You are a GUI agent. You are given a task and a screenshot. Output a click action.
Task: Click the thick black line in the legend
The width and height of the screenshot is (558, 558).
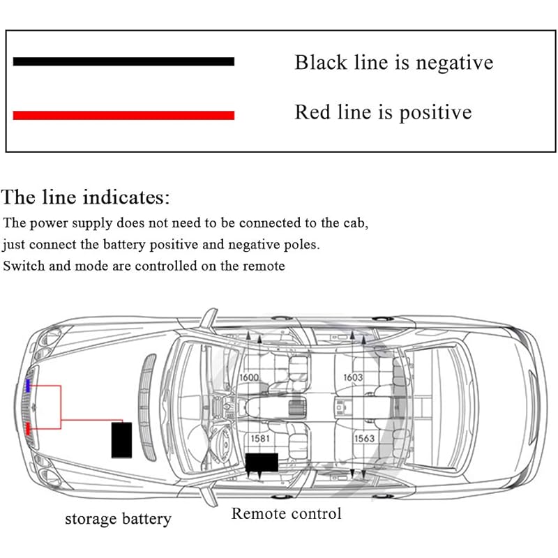pos(123,61)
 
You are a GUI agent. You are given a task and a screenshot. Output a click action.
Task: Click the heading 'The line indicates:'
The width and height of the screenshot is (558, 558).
pos(86,197)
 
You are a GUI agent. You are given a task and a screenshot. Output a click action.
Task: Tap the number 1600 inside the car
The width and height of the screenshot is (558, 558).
pos(249,377)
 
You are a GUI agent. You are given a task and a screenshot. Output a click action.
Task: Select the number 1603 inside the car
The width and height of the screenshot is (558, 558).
pos(352,377)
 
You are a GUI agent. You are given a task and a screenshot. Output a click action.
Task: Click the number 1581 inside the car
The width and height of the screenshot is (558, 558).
pos(261,439)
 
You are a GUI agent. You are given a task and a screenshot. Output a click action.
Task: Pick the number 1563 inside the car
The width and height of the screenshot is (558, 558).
pos(363,439)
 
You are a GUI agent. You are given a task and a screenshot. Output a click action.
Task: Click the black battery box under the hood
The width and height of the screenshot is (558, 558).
pos(122,439)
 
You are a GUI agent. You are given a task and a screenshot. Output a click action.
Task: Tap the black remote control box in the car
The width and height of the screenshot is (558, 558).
pos(262,462)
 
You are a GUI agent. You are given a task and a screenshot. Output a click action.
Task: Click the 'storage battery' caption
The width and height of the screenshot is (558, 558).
pos(118,519)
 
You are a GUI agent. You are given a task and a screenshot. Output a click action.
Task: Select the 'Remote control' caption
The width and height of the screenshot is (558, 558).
pos(286,514)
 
